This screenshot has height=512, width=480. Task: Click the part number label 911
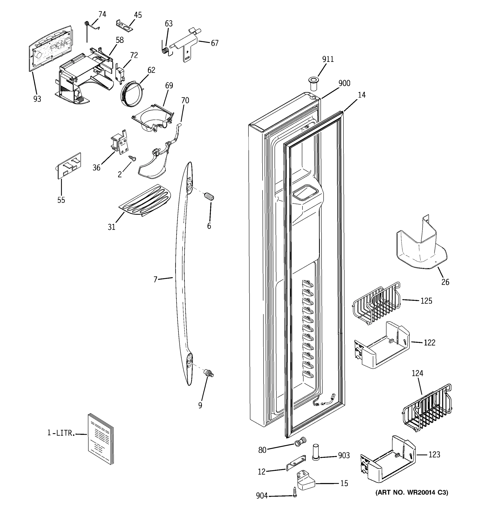328,59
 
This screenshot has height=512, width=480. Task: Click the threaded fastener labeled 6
209,197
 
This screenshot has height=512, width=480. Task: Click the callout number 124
417,373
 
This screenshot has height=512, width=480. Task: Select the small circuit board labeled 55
69,165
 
